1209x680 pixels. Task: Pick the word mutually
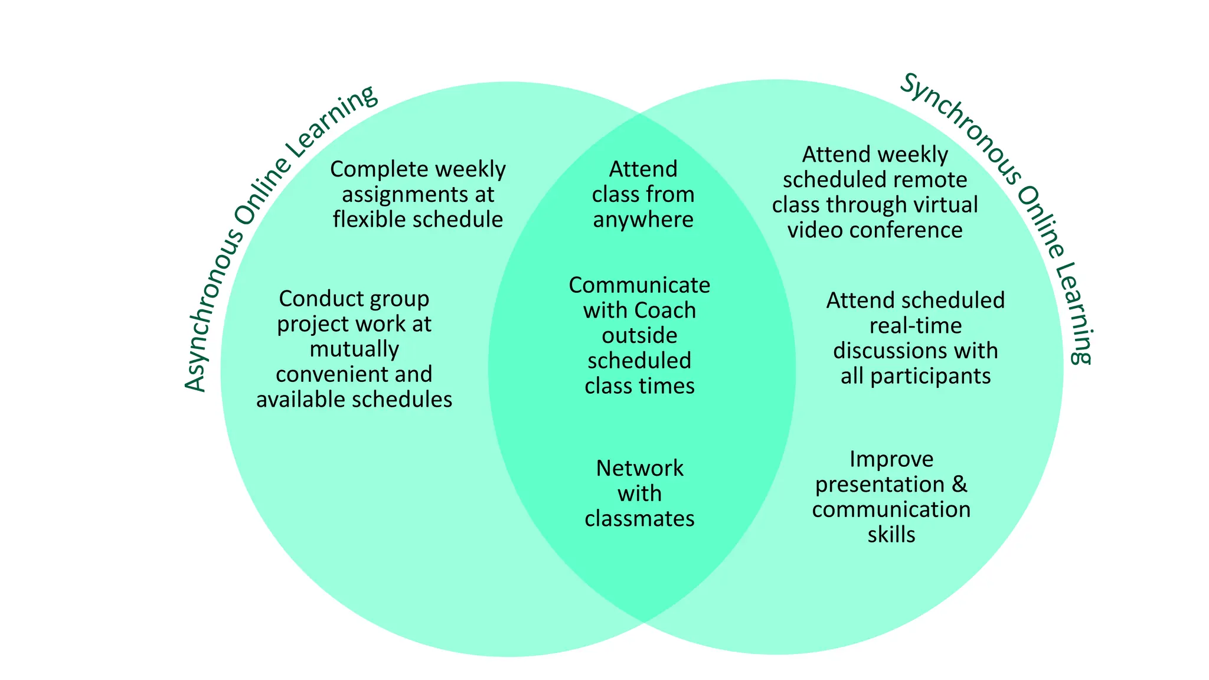click(x=354, y=349)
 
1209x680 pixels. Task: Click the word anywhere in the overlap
click(x=643, y=220)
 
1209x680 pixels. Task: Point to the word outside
click(x=639, y=335)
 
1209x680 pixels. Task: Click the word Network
click(x=639, y=468)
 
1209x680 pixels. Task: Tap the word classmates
click(x=639, y=519)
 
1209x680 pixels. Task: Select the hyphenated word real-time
click(x=915, y=326)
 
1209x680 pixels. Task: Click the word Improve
click(x=891, y=459)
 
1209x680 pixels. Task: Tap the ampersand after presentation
click(x=960, y=485)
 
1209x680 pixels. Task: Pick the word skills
click(x=891, y=535)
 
